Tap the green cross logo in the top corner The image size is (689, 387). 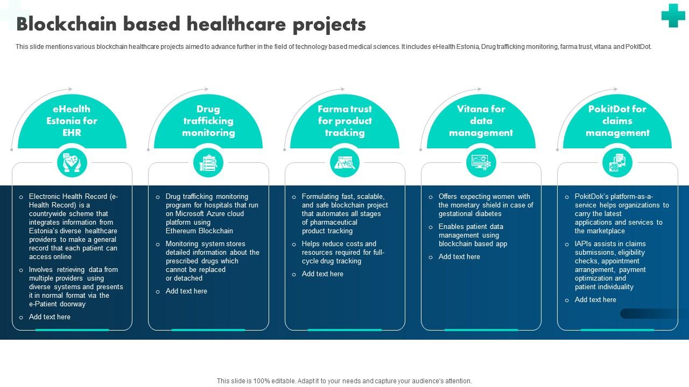point(673,15)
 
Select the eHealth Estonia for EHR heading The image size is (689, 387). point(72,121)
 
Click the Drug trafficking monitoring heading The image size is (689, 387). point(208,121)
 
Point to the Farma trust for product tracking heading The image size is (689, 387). point(344,121)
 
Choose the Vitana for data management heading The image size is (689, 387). point(481,121)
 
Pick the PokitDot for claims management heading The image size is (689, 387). point(617,121)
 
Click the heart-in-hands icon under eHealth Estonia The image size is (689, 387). point(72,162)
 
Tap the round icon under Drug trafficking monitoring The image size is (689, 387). point(208,162)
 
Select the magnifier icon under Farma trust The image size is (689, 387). point(344,162)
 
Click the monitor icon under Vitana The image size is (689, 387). point(481,162)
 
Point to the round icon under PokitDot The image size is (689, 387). point(617,162)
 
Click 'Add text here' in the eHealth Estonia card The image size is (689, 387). point(50,317)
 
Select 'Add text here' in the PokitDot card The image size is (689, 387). point(595,300)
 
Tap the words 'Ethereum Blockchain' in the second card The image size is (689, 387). point(199,231)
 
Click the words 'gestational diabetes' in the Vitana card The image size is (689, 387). point(470,214)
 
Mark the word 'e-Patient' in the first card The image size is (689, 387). point(43,304)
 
